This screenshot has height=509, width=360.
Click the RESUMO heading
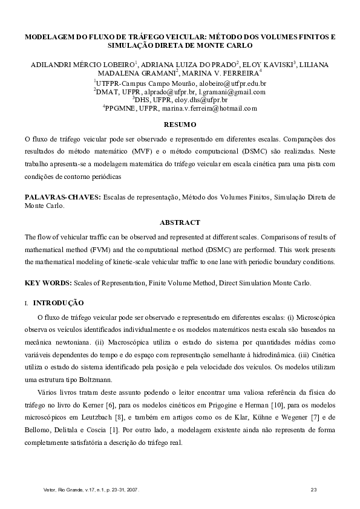pyautogui.click(x=180, y=125)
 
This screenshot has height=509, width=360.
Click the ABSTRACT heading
pyautogui.click(x=180, y=222)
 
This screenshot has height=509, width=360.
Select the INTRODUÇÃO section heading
pyautogui.click(x=58, y=302)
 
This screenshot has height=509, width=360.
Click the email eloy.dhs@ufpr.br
pyautogui.click(x=200, y=100)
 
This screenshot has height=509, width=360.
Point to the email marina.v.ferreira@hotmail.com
pyautogui.click(x=212, y=108)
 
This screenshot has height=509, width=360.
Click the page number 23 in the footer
pyautogui.click(x=313, y=488)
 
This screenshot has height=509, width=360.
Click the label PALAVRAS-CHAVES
pyautogui.click(x=62, y=198)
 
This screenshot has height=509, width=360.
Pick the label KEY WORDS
pyautogui.click(x=48, y=282)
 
